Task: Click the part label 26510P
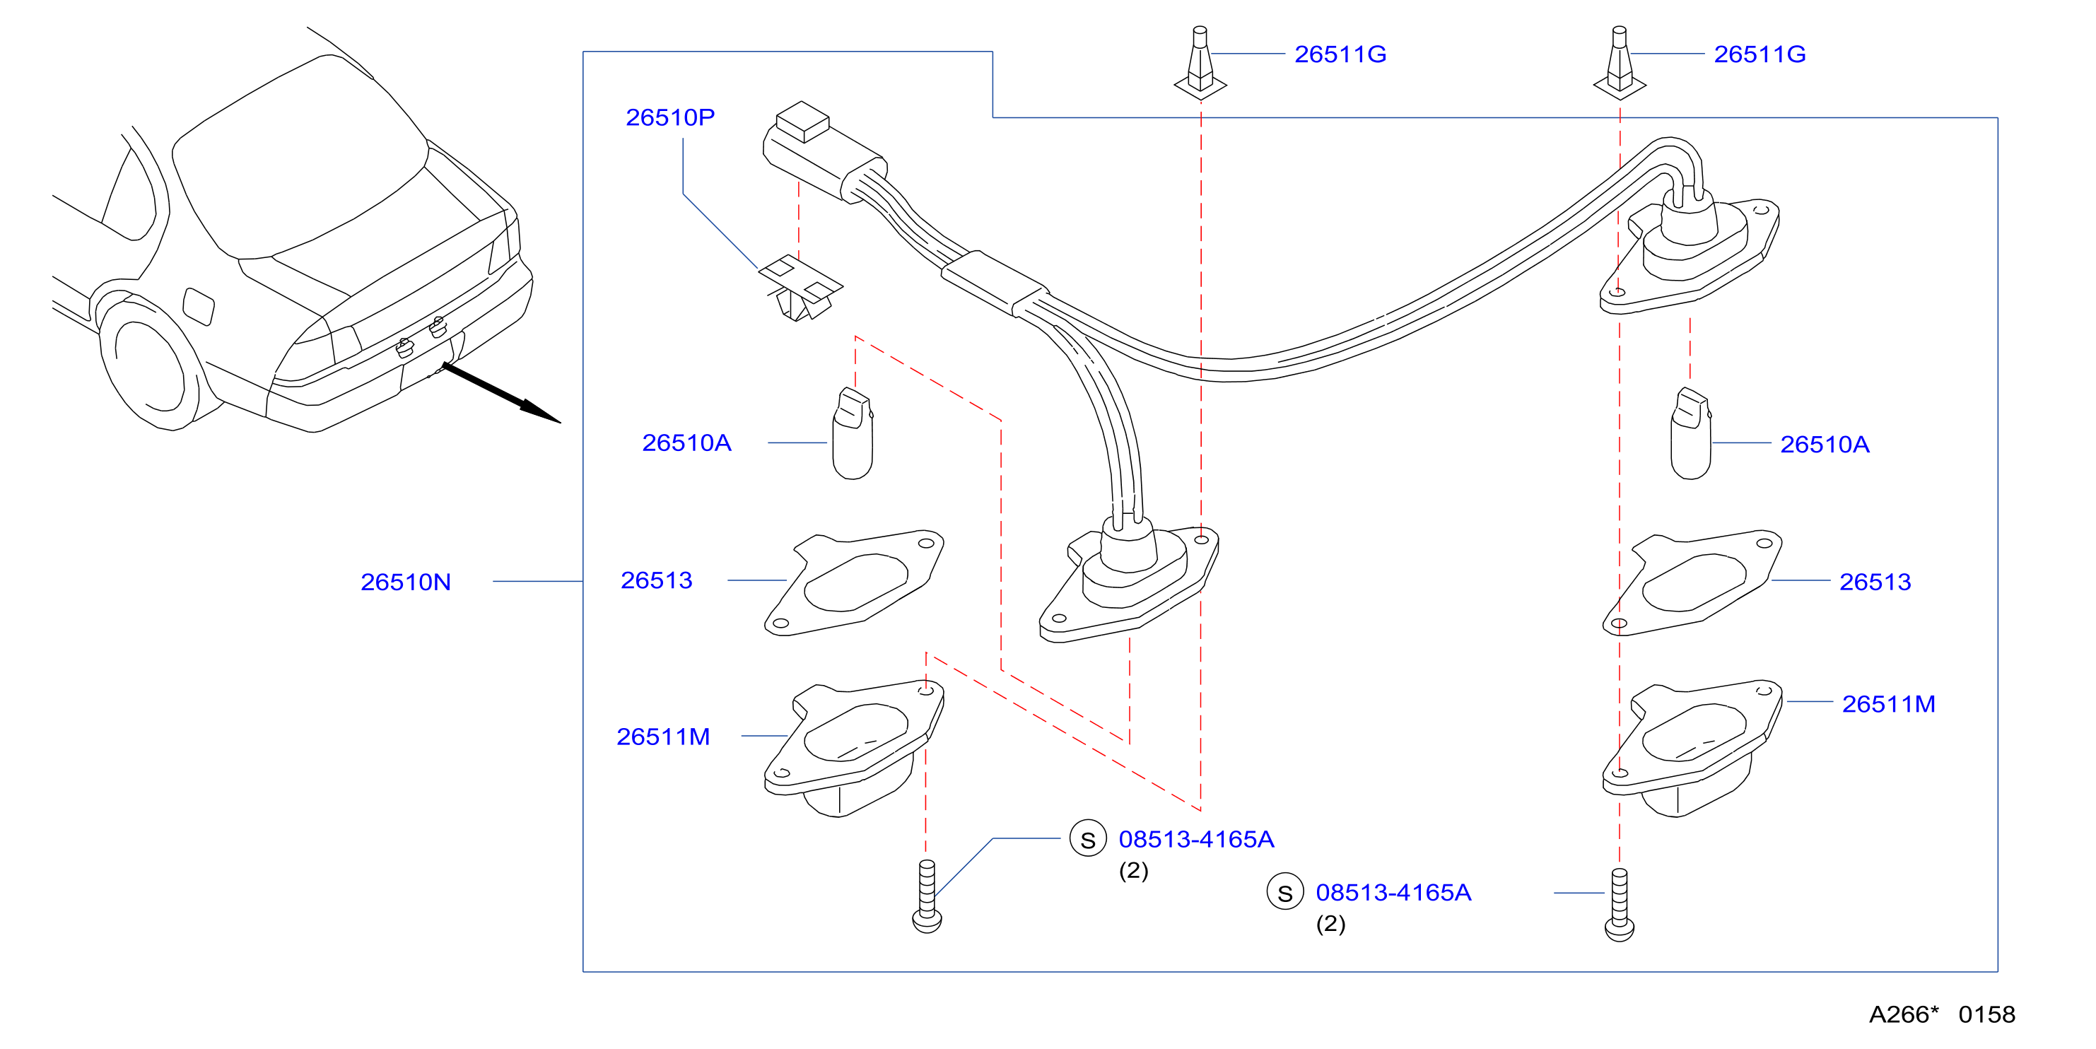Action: pyautogui.click(x=669, y=118)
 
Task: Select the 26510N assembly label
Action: pyautogui.click(x=405, y=582)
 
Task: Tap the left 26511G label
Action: pyautogui.click(x=1340, y=54)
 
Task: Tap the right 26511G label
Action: pyautogui.click(x=1759, y=54)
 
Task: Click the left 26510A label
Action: pyautogui.click(x=686, y=443)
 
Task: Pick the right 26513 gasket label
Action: pyautogui.click(x=1875, y=582)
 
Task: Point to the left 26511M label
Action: pyautogui.click(x=662, y=737)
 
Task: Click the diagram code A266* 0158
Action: pyautogui.click(x=1941, y=1014)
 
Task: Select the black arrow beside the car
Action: pyautogui.click(x=501, y=393)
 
